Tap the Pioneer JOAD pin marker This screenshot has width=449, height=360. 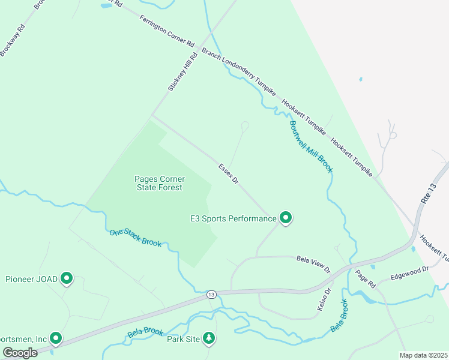(67, 278)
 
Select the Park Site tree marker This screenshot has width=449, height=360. (208, 338)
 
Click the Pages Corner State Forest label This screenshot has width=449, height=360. (159, 183)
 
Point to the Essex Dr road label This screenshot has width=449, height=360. (229, 174)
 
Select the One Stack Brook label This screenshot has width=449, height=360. (135, 238)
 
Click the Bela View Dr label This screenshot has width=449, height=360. (314, 263)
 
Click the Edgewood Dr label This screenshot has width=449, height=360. (410, 274)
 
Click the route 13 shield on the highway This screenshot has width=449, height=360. (211, 294)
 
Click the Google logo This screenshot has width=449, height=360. (20, 353)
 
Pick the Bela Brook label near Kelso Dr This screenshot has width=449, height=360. (339, 316)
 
